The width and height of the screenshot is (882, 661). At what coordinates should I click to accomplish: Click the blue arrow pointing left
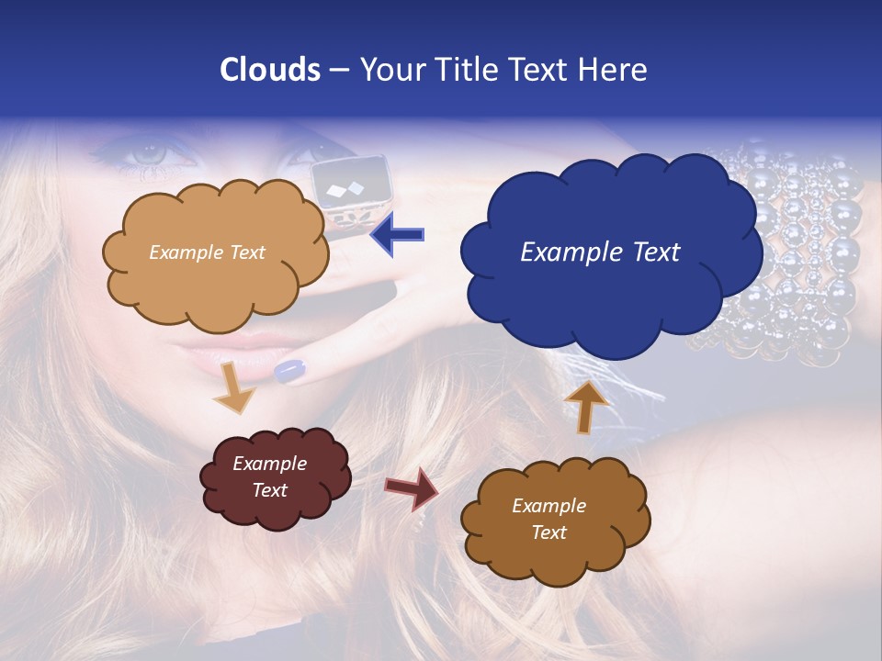[x=399, y=235]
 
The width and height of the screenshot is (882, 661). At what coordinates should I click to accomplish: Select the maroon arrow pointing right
[x=412, y=487]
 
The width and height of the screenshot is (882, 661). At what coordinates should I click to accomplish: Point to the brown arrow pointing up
[x=586, y=406]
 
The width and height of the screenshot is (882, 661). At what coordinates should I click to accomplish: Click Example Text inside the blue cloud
[x=600, y=252]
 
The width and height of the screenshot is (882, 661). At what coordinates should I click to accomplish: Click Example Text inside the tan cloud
[x=207, y=252]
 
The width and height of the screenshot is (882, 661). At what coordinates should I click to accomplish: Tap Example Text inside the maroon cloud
[x=269, y=476]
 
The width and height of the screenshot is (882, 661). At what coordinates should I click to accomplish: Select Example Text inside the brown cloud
[x=548, y=519]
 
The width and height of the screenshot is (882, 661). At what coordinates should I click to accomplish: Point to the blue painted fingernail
[x=289, y=370]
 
